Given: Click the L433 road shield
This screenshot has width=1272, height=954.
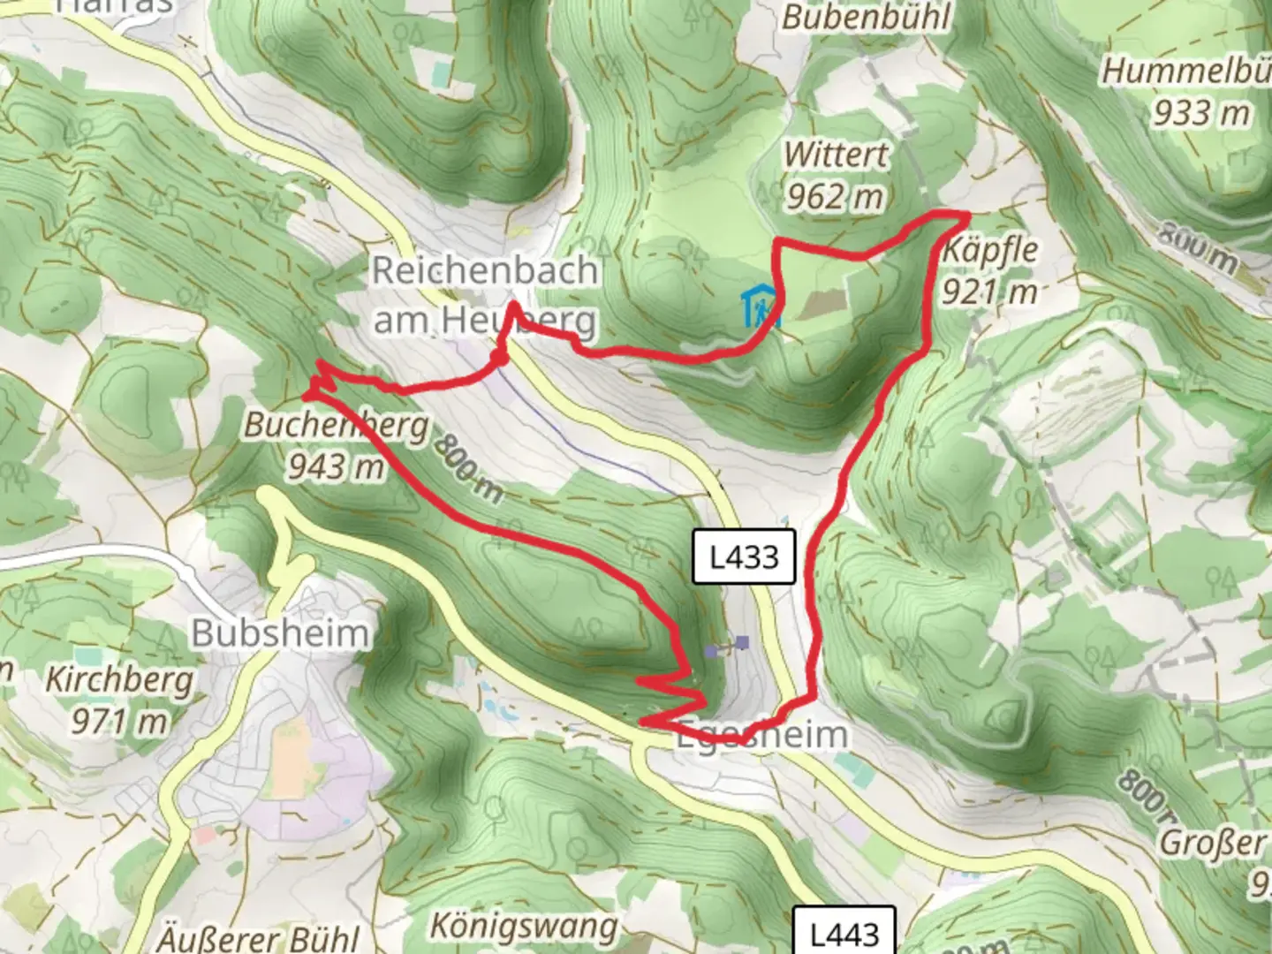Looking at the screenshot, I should (x=745, y=557).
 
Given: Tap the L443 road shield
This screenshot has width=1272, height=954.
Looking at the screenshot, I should (x=844, y=933).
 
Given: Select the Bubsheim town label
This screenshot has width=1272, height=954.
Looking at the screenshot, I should (x=279, y=633).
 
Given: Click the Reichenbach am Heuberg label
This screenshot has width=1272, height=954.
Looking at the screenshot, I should (x=484, y=295).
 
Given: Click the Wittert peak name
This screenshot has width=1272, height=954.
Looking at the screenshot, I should (x=836, y=155).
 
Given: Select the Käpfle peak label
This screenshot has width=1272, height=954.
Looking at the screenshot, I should (x=989, y=250).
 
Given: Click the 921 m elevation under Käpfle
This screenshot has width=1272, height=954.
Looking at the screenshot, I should (x=988, y=291).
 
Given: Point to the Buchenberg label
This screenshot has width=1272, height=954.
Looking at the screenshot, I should (x=336, y=425).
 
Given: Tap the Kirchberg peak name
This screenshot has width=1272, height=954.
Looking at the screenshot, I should (x=119, y=680).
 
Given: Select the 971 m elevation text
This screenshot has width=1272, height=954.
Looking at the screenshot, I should (x=119, y=721).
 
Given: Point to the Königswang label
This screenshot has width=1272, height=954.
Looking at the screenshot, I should (x=524, y=926).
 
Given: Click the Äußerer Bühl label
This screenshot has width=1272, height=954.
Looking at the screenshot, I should (x=259, y=937).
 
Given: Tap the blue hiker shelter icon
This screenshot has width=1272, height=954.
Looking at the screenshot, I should (x=760, y=307).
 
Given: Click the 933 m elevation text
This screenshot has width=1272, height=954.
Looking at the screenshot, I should (x=1201, y=113).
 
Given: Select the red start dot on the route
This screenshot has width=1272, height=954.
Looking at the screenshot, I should (x=499, y=358).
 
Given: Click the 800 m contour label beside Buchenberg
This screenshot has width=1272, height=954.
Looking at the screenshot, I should (x=467, y=469).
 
